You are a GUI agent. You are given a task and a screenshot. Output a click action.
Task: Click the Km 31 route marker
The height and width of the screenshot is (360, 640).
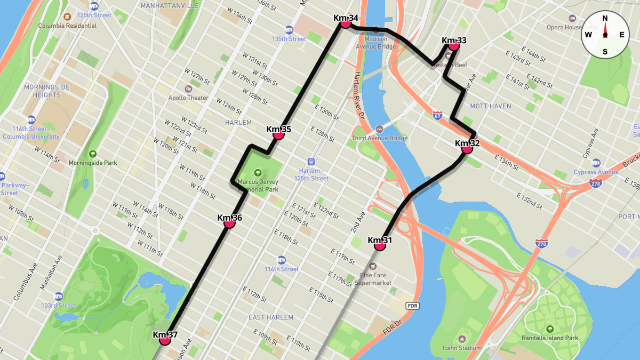(x=380, y=245)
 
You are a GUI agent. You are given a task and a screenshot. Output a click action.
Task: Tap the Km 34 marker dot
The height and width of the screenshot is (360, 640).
(x=346, y=22)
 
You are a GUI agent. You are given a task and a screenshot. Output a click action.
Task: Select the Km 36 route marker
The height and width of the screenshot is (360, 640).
(x=230, y=223)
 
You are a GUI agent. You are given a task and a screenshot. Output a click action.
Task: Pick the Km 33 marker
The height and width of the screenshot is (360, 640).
(x=454, y=45)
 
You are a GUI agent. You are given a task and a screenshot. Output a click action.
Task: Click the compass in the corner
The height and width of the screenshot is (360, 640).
(x=605, y=35)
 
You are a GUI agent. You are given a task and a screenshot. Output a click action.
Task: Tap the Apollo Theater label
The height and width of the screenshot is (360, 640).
(x=188, y=98)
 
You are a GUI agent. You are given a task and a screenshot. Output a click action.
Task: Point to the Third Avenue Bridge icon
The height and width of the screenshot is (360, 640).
(x=379, y=129)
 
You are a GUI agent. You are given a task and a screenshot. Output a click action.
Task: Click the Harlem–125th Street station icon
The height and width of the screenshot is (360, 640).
(x=311, y=162)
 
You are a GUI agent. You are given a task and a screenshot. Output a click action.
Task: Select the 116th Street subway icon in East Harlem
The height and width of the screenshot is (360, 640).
(x=281, y=260)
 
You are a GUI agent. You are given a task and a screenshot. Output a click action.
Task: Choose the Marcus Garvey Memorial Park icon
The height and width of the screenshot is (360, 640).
(x=258, y=173)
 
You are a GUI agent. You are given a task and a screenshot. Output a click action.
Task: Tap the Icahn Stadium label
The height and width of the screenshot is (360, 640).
(x=462, y=348)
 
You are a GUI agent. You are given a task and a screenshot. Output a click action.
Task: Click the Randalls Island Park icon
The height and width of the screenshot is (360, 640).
(x=550, y=329)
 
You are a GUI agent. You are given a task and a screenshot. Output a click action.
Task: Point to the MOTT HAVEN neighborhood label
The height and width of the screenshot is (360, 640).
(x=490, y=106)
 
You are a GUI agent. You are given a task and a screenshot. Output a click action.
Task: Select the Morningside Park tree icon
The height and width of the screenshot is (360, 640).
(x=93, y=154)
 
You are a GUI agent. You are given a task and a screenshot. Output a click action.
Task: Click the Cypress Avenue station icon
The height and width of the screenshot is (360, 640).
(x=596, y=163)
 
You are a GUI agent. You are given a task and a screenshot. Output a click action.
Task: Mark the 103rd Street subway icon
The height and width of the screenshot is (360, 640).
(x=59, y=296)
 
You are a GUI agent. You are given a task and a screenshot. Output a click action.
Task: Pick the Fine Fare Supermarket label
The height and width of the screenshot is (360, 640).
(x=375, y=279)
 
